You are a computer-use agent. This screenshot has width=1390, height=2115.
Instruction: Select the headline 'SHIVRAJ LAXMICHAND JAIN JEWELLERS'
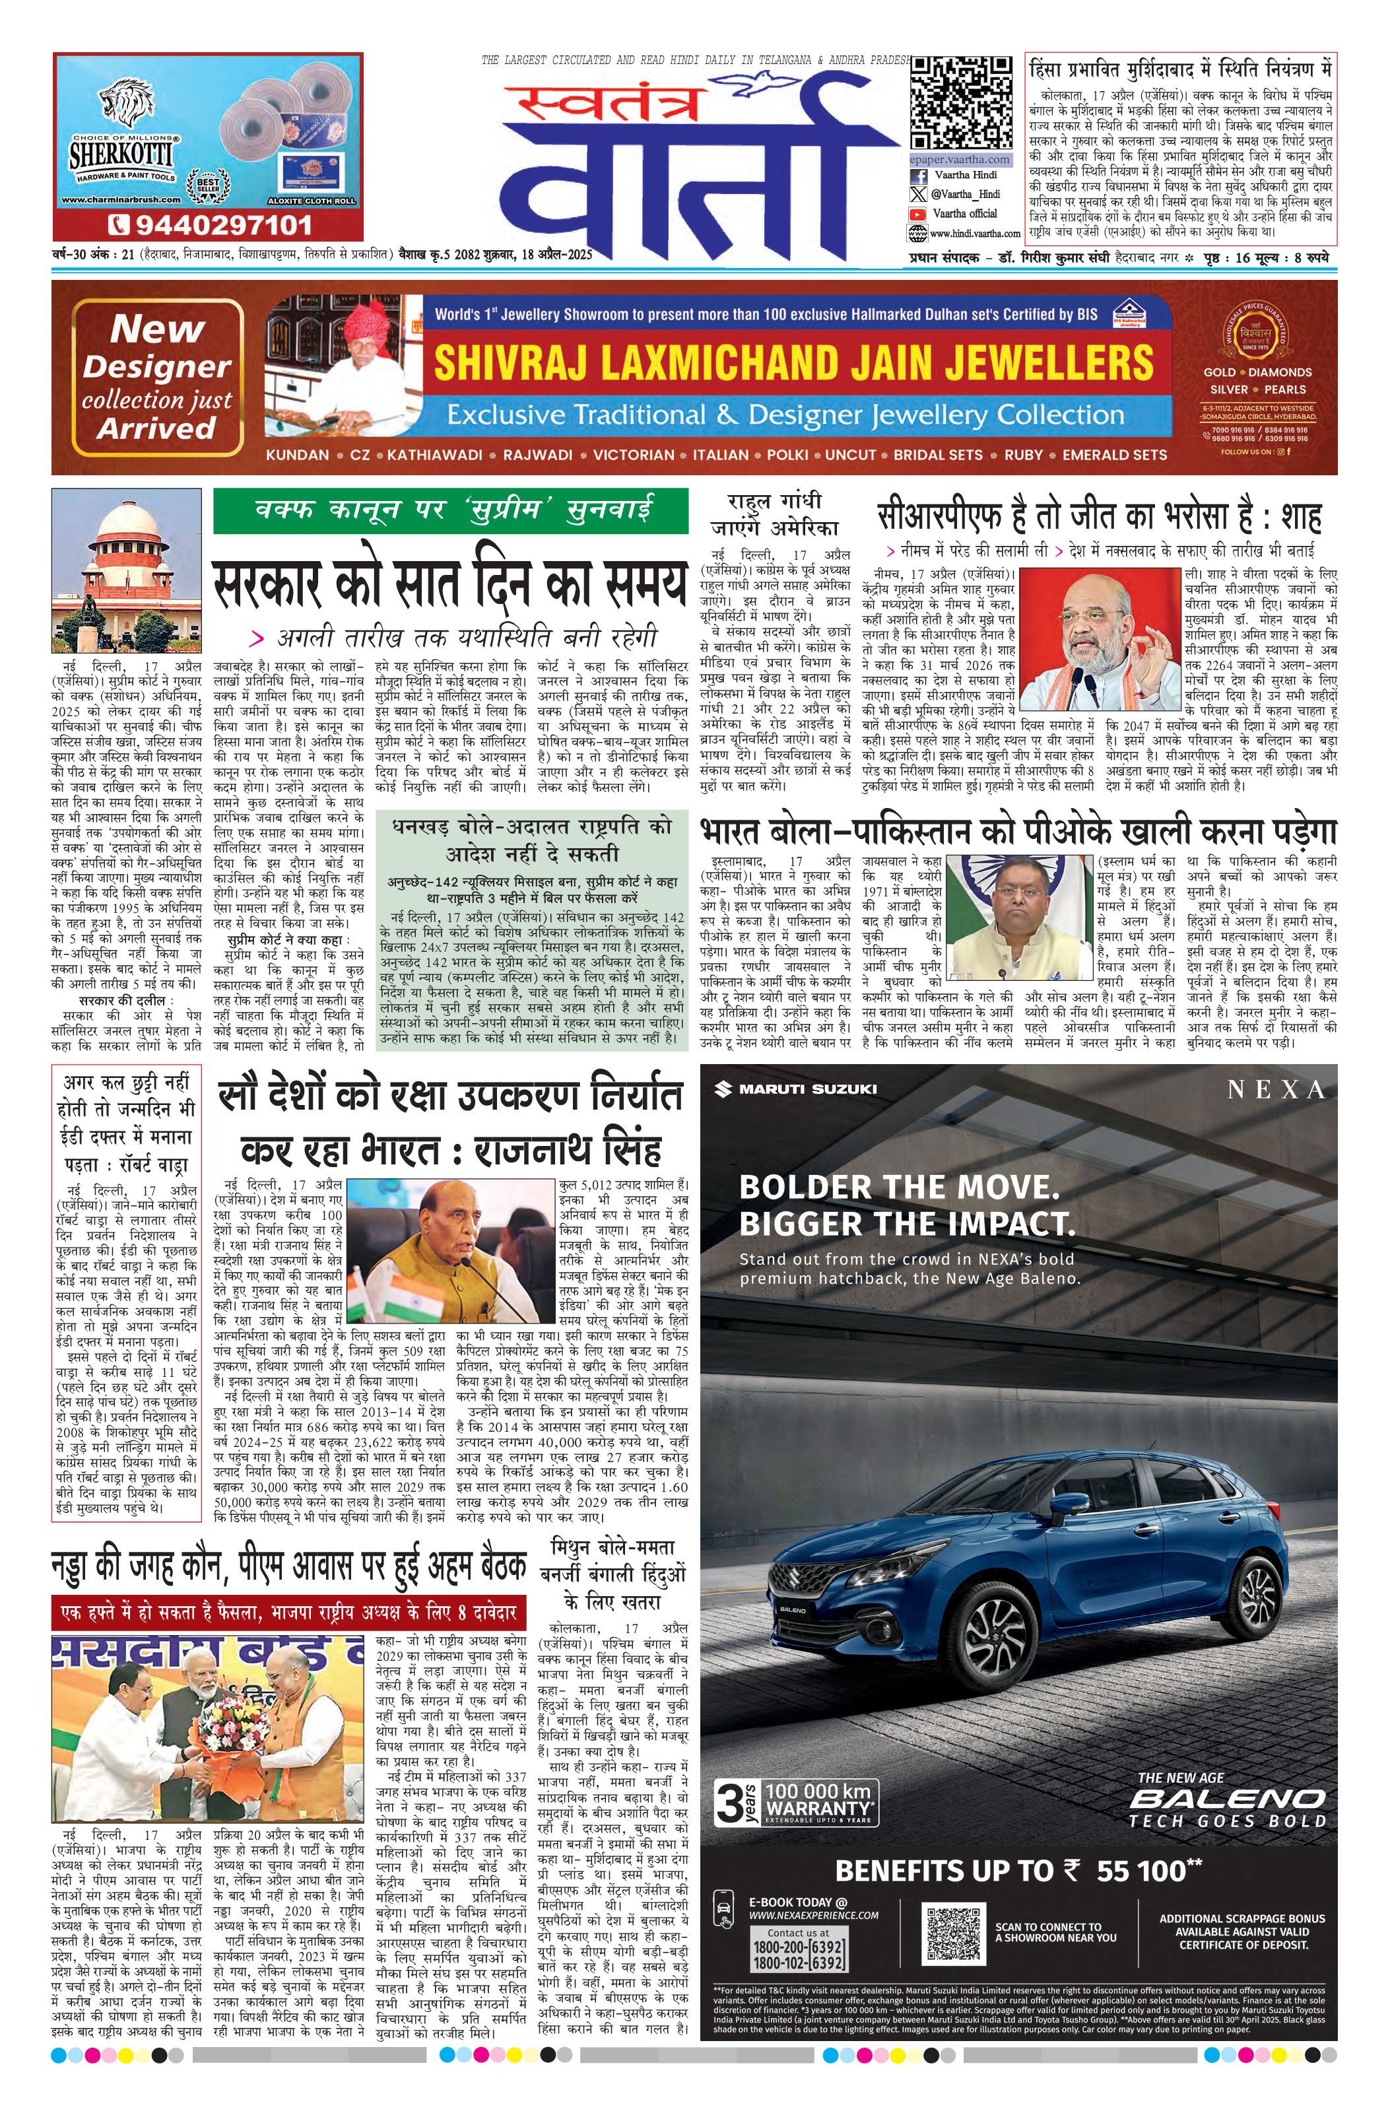coord(793,362)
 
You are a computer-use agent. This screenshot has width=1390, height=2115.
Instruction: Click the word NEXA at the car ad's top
coord(1275,1091)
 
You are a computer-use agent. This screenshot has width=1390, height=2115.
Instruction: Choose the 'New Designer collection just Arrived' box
coord(157,378)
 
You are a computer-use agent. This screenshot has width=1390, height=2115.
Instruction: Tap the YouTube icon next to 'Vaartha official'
coord(916,213)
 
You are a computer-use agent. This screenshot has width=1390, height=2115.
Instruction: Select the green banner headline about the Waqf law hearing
coord(451,511)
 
